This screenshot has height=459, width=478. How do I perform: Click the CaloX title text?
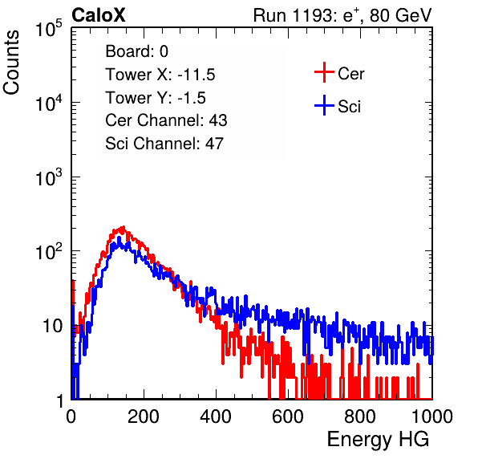pos(98,15)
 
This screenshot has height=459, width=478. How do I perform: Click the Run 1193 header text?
pos(342,15)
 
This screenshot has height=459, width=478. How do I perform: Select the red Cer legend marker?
pos(324,72)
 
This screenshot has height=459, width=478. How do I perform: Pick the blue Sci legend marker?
pos(324,106)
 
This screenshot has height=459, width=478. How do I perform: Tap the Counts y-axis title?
pos(11,62)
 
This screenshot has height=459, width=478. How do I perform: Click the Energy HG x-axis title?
pos(378,440)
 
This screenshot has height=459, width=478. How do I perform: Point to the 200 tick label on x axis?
pos(144,416)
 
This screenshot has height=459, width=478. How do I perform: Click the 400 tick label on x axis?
pos(216,416)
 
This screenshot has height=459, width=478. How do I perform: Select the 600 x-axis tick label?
pos(288,416)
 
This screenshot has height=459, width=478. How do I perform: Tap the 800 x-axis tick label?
pos(360,416)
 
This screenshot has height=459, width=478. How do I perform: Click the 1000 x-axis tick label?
pos(432,416)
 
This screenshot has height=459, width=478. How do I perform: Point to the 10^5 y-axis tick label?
pos(49,28)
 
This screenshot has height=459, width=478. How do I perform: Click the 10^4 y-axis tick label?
pos(49,103)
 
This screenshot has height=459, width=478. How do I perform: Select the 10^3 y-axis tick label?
pos(49,177)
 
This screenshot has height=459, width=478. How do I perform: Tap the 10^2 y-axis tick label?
pos(49,251)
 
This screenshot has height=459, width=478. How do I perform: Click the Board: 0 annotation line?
pos(136,51)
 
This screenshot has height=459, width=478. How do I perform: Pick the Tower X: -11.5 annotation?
pos(160,75)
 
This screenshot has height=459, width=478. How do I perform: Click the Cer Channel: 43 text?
pos(166,120)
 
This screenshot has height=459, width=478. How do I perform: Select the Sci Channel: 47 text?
pos(164,144)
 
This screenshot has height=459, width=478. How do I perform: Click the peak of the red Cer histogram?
pos(123,227)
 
